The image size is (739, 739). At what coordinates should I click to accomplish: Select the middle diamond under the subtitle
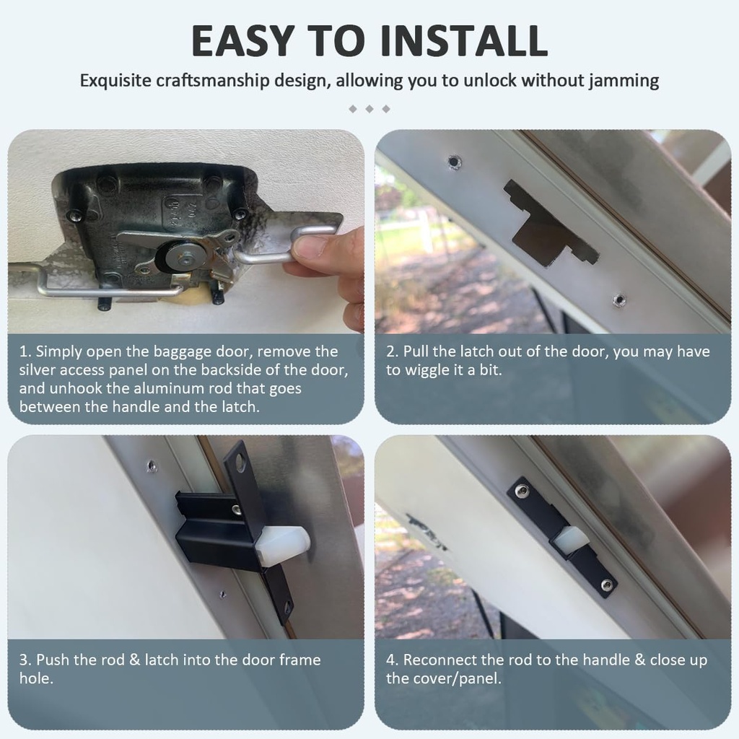click(x=369, y=109)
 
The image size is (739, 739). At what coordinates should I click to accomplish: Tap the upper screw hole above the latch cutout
click(x=452, y=160)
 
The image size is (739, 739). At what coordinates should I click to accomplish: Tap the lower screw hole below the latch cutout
click(x=618, y=299)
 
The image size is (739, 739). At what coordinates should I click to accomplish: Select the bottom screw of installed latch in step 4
click(x=608, y=584)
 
